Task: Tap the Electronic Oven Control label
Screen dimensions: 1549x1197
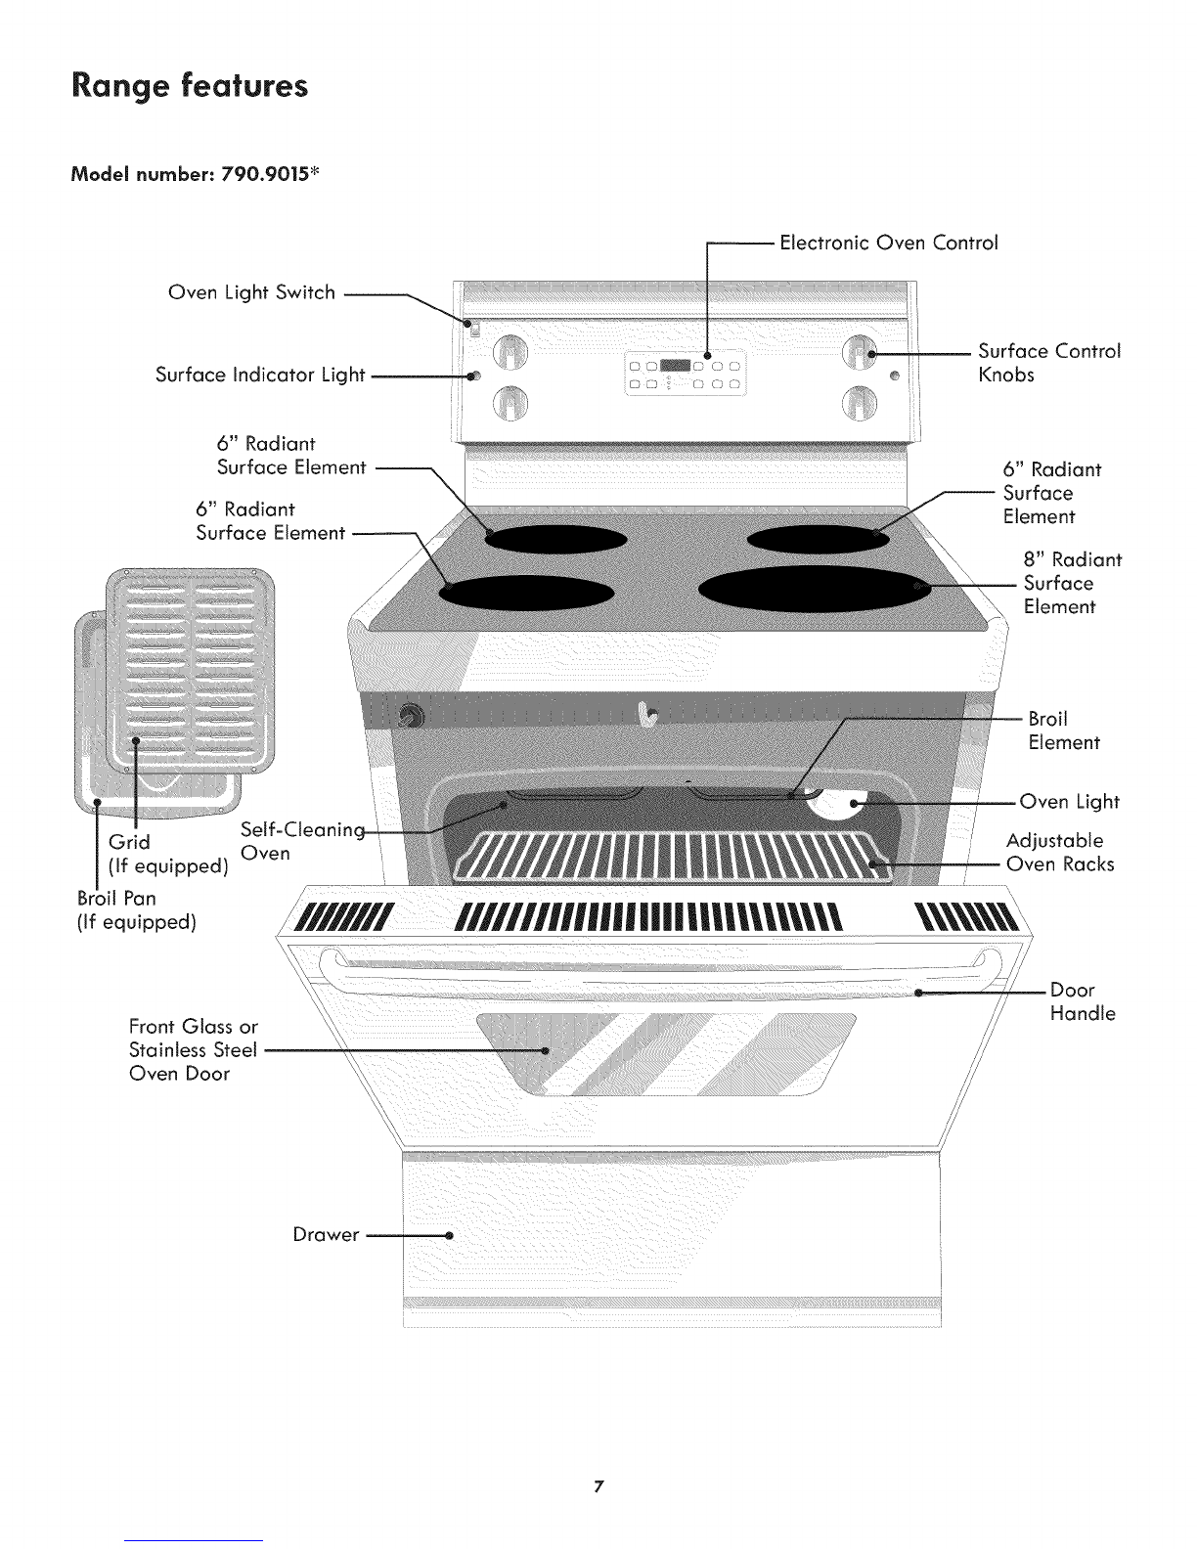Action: point(888,243)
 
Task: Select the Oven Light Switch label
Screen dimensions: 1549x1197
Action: point(251,292)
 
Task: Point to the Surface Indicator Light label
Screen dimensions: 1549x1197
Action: point(260,375)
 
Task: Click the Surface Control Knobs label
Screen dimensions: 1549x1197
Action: point(1048,363)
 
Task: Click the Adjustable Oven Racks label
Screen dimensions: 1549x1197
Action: point(1059,853)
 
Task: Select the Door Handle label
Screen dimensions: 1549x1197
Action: point(1083,1001)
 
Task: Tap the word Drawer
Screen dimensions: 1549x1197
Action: point(326,1235)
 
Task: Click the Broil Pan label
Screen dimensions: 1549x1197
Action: point(115,898)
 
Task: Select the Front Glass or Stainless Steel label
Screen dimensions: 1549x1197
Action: point(194,1050)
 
